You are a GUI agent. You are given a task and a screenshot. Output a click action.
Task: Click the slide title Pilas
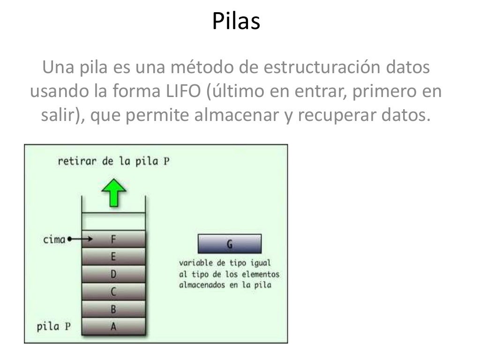click(x=236, y=22)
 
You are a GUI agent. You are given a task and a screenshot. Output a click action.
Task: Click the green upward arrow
click(x=113, y=193)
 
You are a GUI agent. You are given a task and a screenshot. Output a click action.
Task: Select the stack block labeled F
click(x=113, y=239)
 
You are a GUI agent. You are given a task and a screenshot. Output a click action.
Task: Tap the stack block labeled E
click(x=113, y=256)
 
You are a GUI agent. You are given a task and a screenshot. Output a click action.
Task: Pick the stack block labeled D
click(x=113, y=274)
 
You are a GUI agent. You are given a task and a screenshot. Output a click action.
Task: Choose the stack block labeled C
click(x=113, y=292)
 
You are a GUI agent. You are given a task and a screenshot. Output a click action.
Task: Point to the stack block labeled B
click(x=113, y=309)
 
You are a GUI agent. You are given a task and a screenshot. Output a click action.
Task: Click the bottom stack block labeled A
click(x=113, y=327)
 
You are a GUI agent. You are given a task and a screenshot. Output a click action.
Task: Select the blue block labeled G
click(x=230, y=244)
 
